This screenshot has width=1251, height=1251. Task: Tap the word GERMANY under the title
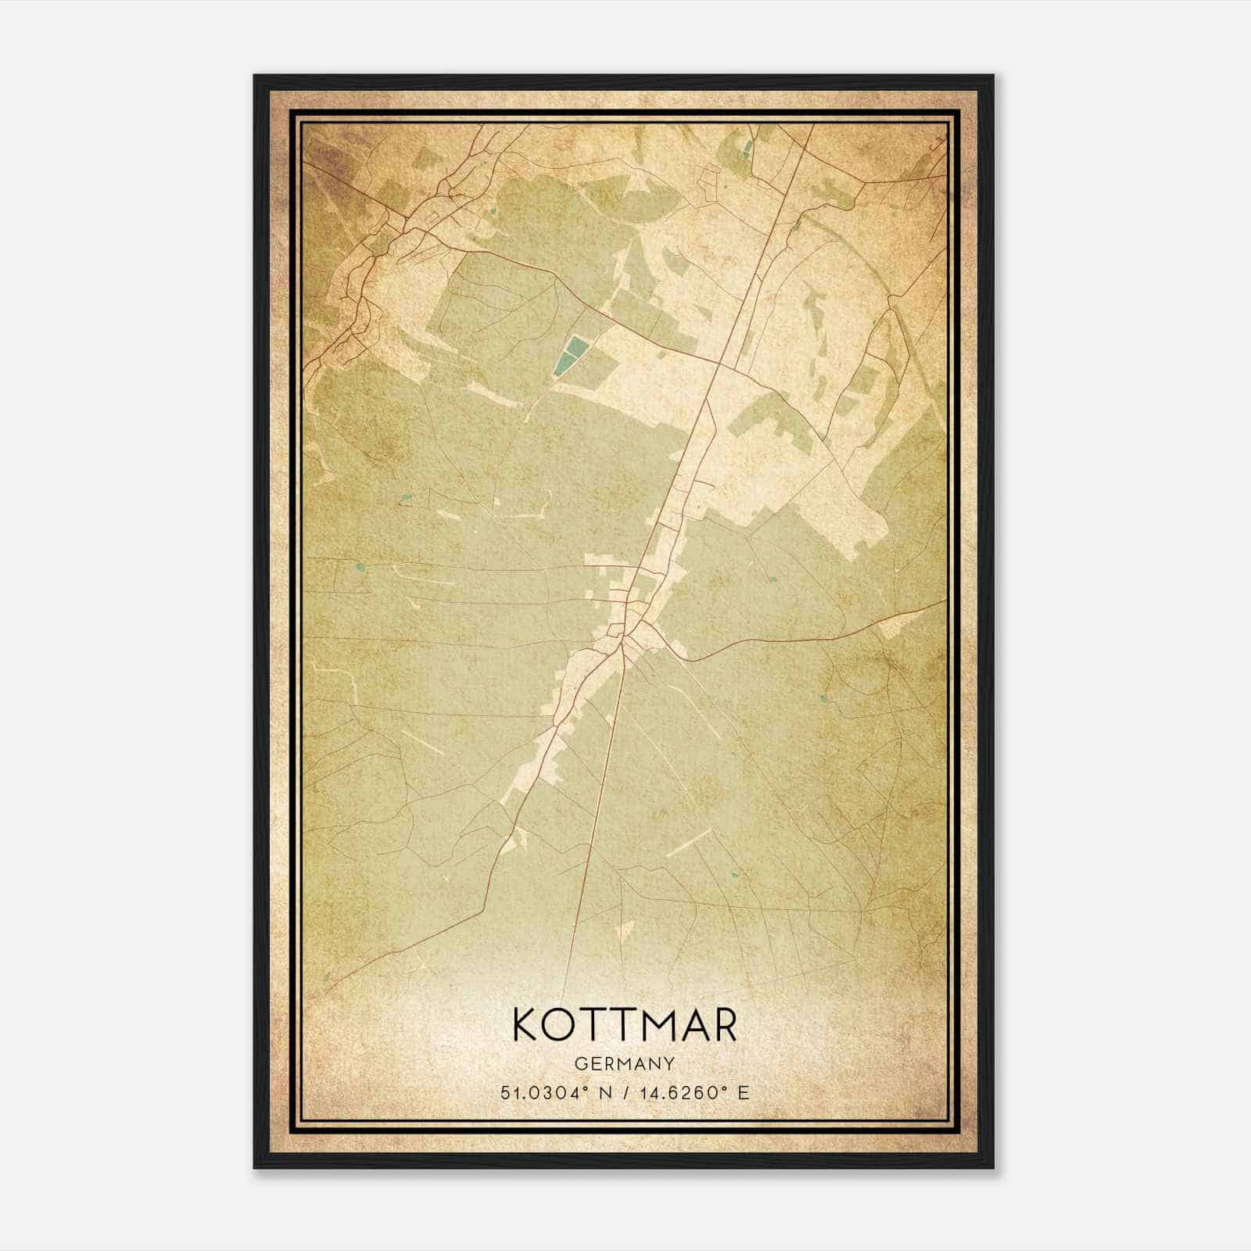[625, 1063]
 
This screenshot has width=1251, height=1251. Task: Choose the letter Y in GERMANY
[669, 1063]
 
